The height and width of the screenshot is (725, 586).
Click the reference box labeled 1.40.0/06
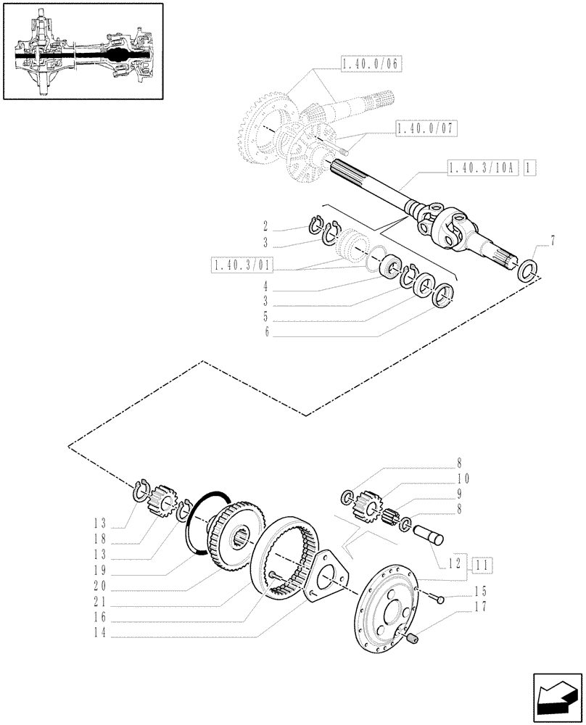coord(371,65)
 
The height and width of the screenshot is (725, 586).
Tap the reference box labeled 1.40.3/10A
coord(480,168)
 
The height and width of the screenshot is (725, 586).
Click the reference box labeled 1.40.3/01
coord(241,266)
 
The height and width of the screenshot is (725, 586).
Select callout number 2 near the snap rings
coord(265,225)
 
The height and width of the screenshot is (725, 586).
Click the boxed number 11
coord(482,563)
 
